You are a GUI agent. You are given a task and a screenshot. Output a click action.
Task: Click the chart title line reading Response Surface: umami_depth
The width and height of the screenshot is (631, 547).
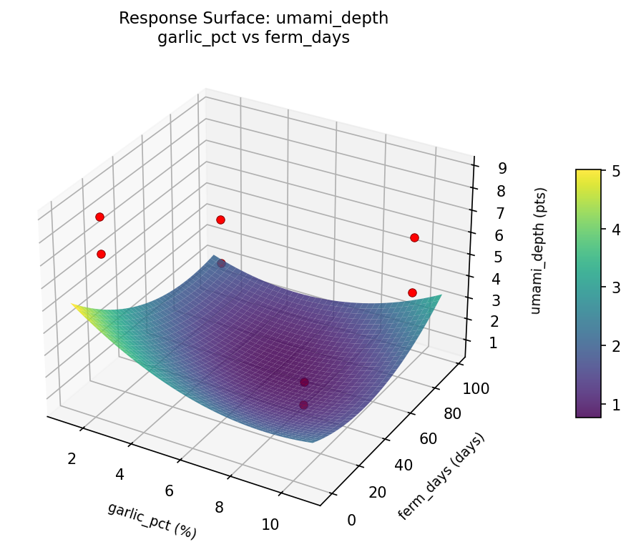click(253, 19)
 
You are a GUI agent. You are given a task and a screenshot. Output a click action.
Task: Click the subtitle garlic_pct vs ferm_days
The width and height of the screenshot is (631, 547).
click(253, 38)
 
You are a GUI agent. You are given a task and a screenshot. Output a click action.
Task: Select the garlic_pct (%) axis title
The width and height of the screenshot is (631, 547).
click(152, 520)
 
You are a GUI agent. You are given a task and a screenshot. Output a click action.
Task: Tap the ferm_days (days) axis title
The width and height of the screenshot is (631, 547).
click(441, 476)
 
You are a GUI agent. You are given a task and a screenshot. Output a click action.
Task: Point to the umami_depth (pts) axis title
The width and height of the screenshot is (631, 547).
click(541, 252)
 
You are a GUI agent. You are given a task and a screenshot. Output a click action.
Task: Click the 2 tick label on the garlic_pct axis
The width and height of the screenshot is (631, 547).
click(72, 458)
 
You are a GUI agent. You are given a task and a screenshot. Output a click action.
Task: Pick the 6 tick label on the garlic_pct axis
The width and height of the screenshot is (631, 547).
click(170, 491)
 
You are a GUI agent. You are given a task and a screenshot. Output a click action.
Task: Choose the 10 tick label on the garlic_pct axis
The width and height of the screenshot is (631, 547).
click(270, 524)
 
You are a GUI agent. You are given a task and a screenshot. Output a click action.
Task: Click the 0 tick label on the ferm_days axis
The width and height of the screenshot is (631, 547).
click(351, 520)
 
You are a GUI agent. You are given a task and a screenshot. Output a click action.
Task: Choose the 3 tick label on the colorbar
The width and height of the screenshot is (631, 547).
click(615, 287)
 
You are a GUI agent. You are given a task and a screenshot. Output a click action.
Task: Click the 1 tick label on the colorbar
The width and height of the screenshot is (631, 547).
click(615, 405)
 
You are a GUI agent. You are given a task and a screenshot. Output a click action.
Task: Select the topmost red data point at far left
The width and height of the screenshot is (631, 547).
click(99, 217)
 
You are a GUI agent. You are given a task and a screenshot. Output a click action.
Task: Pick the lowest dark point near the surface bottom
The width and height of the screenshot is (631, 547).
click(303, 405)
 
